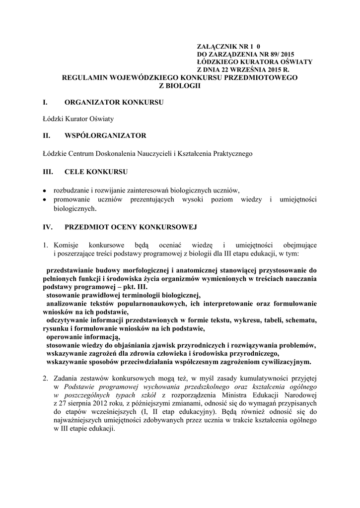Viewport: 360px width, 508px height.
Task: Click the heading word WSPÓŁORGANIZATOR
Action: (105, 135)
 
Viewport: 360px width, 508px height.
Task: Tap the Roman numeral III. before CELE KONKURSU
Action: (48, 172)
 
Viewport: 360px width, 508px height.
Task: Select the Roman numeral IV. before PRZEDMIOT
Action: (49, 227)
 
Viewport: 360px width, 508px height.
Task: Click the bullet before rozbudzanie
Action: (45, 190)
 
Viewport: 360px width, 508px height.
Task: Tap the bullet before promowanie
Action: (45, 199)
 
